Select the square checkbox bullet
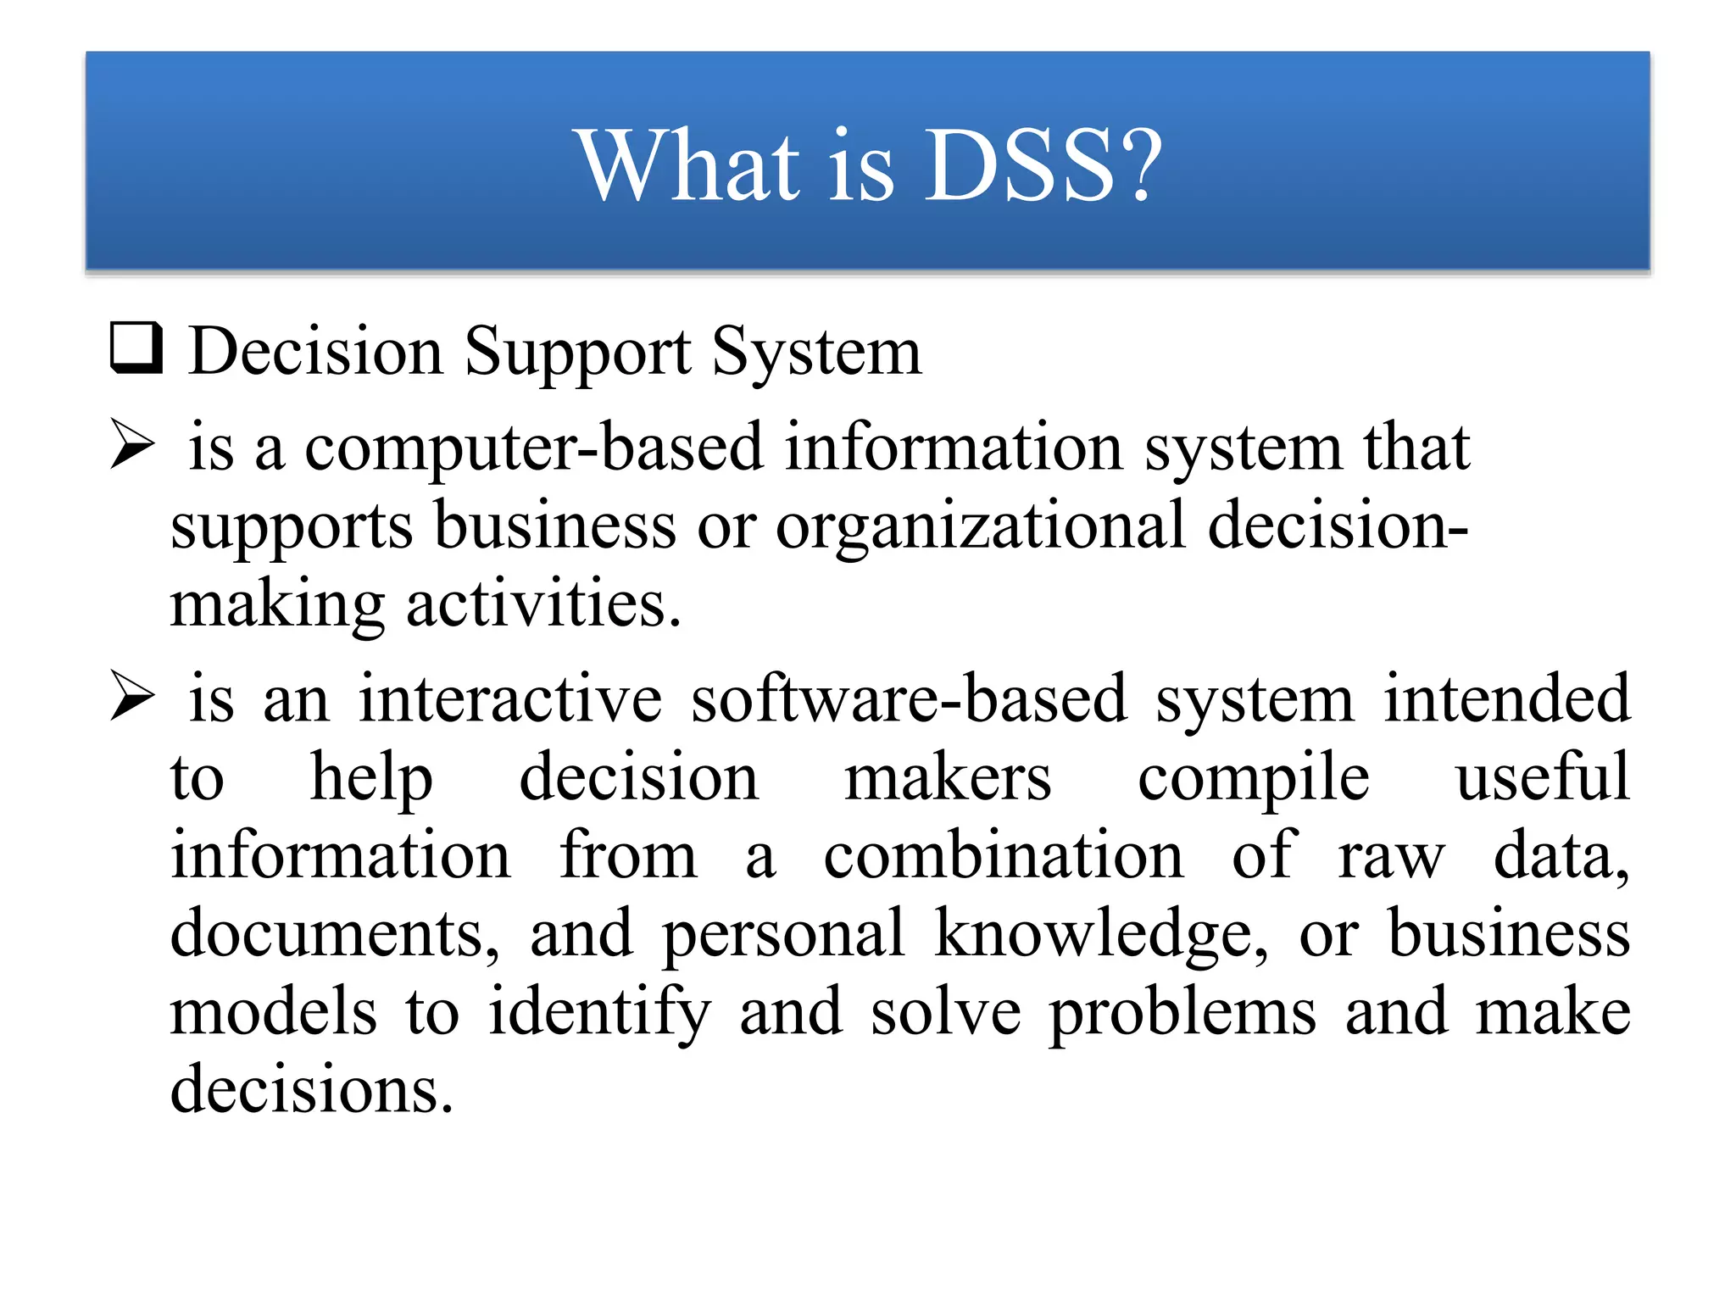coord(136,348)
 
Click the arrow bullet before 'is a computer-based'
coord(133,445)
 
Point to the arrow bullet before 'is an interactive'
coord(133,697)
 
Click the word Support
coord(577,353)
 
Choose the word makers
coord(948,777)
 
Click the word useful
coord(1542,777)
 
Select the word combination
coord(1004,855)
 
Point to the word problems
coord(1182,1014)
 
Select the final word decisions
coord(311,1089)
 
